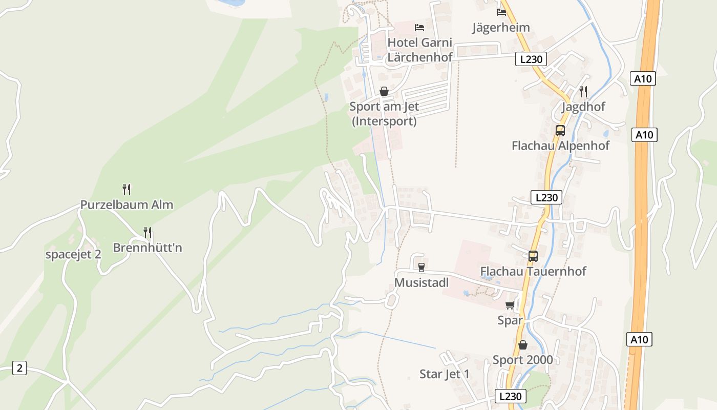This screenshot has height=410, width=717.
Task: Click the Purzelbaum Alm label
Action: click(126, 205)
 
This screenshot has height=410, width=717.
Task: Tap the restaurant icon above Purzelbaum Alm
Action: click(126, 190)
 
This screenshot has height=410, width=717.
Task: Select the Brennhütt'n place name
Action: click(147, 248)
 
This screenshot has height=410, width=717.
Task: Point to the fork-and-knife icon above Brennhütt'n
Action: click(147, 233)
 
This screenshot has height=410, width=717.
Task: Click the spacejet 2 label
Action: click(73, 254)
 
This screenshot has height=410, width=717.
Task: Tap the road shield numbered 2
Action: click(19, 368)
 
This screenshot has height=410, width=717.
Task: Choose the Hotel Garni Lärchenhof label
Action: click(420, 50)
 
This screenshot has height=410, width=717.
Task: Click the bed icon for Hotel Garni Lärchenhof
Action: click(419, 27)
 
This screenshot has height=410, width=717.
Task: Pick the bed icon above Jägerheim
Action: click(501, 12)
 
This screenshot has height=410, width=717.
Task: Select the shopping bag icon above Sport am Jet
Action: click(384, 92)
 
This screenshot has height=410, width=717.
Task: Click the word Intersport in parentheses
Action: click(384, 122)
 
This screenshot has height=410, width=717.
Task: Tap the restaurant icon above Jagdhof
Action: click(583, 92)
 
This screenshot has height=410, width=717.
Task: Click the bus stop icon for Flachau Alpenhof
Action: click(560, 130)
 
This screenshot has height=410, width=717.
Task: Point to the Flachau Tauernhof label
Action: click(533, 271)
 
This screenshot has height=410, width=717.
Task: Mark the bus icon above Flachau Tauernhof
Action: click(533, 256)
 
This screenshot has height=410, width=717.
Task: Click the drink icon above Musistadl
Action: click(421, 267)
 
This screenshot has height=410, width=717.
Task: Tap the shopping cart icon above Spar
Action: click(510, 305)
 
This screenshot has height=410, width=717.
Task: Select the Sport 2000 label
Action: click(523, 360)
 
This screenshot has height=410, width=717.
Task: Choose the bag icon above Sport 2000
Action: click(523, 345)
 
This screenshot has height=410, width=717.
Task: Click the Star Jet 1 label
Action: click(445, 374)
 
